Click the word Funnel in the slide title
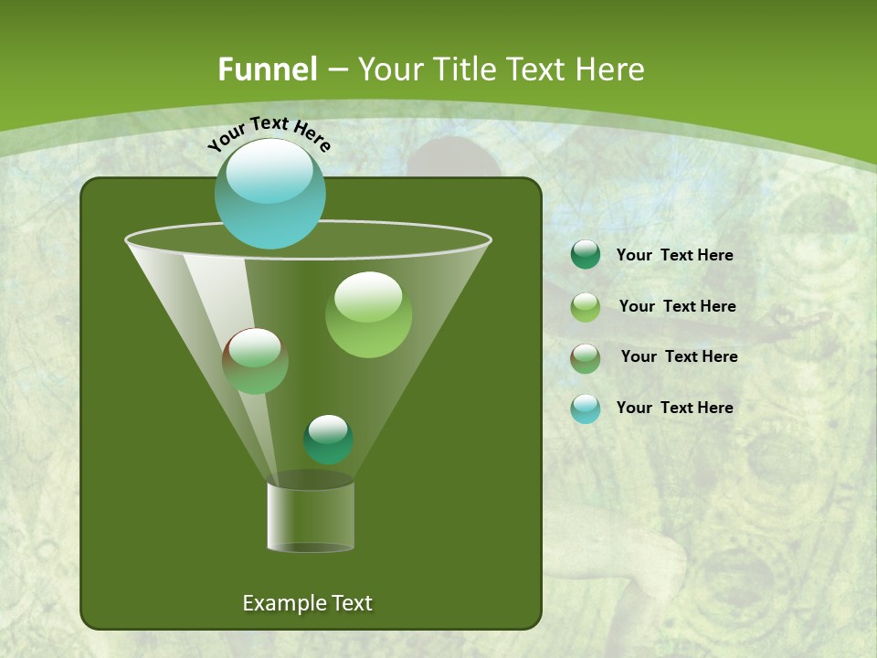tap(268, 69)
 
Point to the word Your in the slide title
tap(390, 69)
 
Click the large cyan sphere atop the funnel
tap(269, 194)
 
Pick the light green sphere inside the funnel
tap(368, 314)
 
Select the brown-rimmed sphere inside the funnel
tap(256, 361)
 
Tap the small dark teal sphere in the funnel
tap(328, 440)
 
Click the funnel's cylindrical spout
tap(311, 516)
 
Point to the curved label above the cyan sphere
tap(269, 133)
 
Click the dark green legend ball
tap(586, 255)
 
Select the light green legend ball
tap(586, 307)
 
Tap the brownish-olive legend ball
tap(586, 358)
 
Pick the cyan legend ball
tap(586, 409)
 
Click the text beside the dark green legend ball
tap(674, 256)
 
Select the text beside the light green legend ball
tap(677, 307)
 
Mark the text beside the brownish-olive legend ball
tap(679, 357)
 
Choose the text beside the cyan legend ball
tap(674, 409)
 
